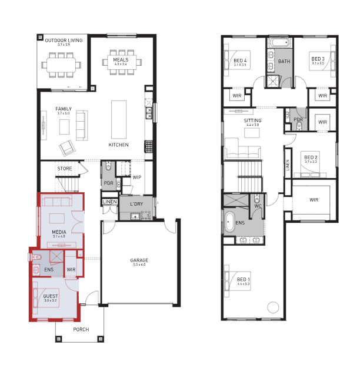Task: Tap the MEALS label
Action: coord(121,43)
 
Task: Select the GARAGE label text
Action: coord(139,259)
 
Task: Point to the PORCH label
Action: coord(81,330)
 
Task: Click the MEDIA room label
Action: coord(59,232)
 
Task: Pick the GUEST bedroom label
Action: coord(51,296)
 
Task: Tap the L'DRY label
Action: coord(136,204)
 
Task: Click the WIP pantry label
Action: coord(136,177)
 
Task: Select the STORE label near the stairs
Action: coord(65,169)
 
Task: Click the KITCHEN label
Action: coord(118,145)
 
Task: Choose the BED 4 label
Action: coord(240,61)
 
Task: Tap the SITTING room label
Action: coord(253,120)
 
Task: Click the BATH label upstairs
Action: coord(284,61)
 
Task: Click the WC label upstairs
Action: coord(257,206)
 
